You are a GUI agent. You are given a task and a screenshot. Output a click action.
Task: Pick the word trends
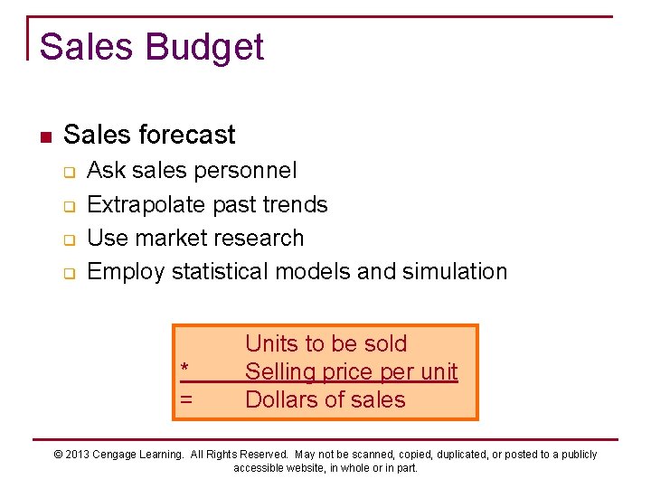coord(295,205)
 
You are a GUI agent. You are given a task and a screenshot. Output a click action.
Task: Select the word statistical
coord(221,272)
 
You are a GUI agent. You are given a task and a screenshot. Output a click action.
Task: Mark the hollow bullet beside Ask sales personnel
coord(68,172)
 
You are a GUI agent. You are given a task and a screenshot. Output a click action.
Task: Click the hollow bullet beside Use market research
coord(68,239)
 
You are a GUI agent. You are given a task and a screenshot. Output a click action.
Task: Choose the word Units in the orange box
coord(269,343)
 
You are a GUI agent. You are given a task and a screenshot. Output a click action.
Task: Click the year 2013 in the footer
coord(79,455)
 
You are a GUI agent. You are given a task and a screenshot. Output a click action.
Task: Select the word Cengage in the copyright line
coord(117,455)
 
